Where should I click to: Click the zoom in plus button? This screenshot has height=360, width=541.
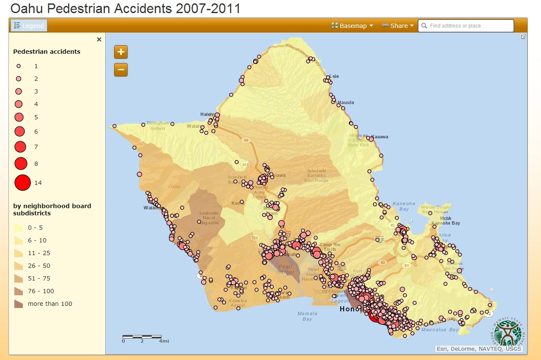pyautogui.click(x=121, y=52)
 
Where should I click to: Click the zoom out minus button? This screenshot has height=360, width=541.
pyautogui.click(x=121, y=70)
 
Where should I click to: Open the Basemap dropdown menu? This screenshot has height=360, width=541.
pyautogui.click(x=352, y=26)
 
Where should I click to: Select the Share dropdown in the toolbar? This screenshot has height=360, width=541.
pyautogui.click(x=398, y=26)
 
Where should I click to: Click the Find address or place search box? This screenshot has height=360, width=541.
pyautogui.click(x=466, y=26)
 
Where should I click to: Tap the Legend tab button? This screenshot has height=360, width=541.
pyautogui.click(x=29, y=26)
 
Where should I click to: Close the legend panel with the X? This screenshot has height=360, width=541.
pyautogui.click(x=99, y=39)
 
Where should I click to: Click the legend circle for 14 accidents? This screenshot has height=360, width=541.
pyautogui.click(x=22, y=183)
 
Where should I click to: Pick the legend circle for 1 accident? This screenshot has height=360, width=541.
pyautogui.click(x=19, y=66)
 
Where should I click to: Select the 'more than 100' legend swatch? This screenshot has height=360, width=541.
pyautogui.click(x=19, y=304)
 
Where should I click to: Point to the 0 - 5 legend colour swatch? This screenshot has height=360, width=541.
pyautogui.click(x=19, y=228)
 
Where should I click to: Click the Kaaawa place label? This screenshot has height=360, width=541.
pyautogui.click(x=380, y=137)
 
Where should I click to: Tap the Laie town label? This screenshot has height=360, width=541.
pyautogui.click(x=334, y=76)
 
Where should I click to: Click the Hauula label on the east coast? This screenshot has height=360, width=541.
pyautogui.click(x=346, y=102)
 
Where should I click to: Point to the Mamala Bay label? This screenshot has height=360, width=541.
pyautogui.click(x=307, y=316)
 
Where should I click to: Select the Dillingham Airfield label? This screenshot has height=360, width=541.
pyautogui.click(x=158, y=126)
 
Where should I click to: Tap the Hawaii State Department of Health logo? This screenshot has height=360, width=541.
pyautogui.click(x=509, y=333)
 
